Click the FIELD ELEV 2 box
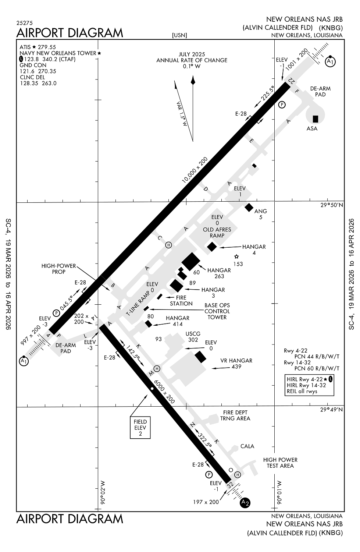pos(140,428)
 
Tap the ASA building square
pos(315,119)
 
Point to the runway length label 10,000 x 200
pos(195,170)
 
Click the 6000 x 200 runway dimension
pos(164,392)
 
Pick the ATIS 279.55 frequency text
pos(38,47)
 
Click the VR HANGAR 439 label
pos(236,364)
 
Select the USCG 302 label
pos(193,337)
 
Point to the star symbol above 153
pos(236,257)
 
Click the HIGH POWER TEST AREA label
pos(280,463)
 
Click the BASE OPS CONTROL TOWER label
pos(217,311)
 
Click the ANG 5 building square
pos(249,208)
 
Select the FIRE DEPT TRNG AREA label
pos(235,415)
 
